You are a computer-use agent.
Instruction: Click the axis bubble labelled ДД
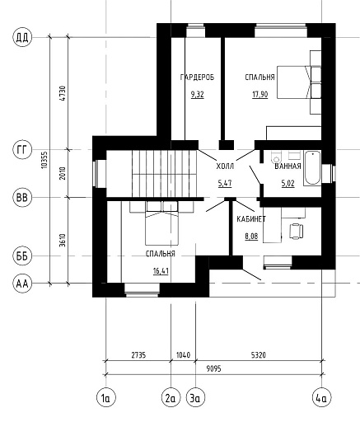22,37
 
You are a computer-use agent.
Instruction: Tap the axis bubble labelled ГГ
22,150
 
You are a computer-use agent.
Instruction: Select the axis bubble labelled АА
22,284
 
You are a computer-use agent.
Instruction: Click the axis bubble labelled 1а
106,398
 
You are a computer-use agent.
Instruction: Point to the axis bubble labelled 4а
322,398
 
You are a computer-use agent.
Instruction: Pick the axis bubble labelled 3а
195,398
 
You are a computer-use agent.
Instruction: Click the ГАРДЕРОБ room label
197,77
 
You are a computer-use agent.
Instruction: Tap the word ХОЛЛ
225,166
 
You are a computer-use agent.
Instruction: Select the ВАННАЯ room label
288,166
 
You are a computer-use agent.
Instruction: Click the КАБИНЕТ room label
251,219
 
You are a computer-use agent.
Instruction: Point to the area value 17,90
260,95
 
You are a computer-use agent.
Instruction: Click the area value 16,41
161,271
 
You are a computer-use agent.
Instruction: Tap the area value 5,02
288,183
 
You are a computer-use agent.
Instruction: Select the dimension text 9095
213,368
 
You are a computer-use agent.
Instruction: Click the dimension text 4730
63,93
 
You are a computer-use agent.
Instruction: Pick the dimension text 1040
183,355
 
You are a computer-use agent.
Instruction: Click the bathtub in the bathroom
312,168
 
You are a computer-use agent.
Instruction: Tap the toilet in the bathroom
276,156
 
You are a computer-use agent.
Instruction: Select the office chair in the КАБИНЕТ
297,231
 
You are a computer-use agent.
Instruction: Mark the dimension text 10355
45,160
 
